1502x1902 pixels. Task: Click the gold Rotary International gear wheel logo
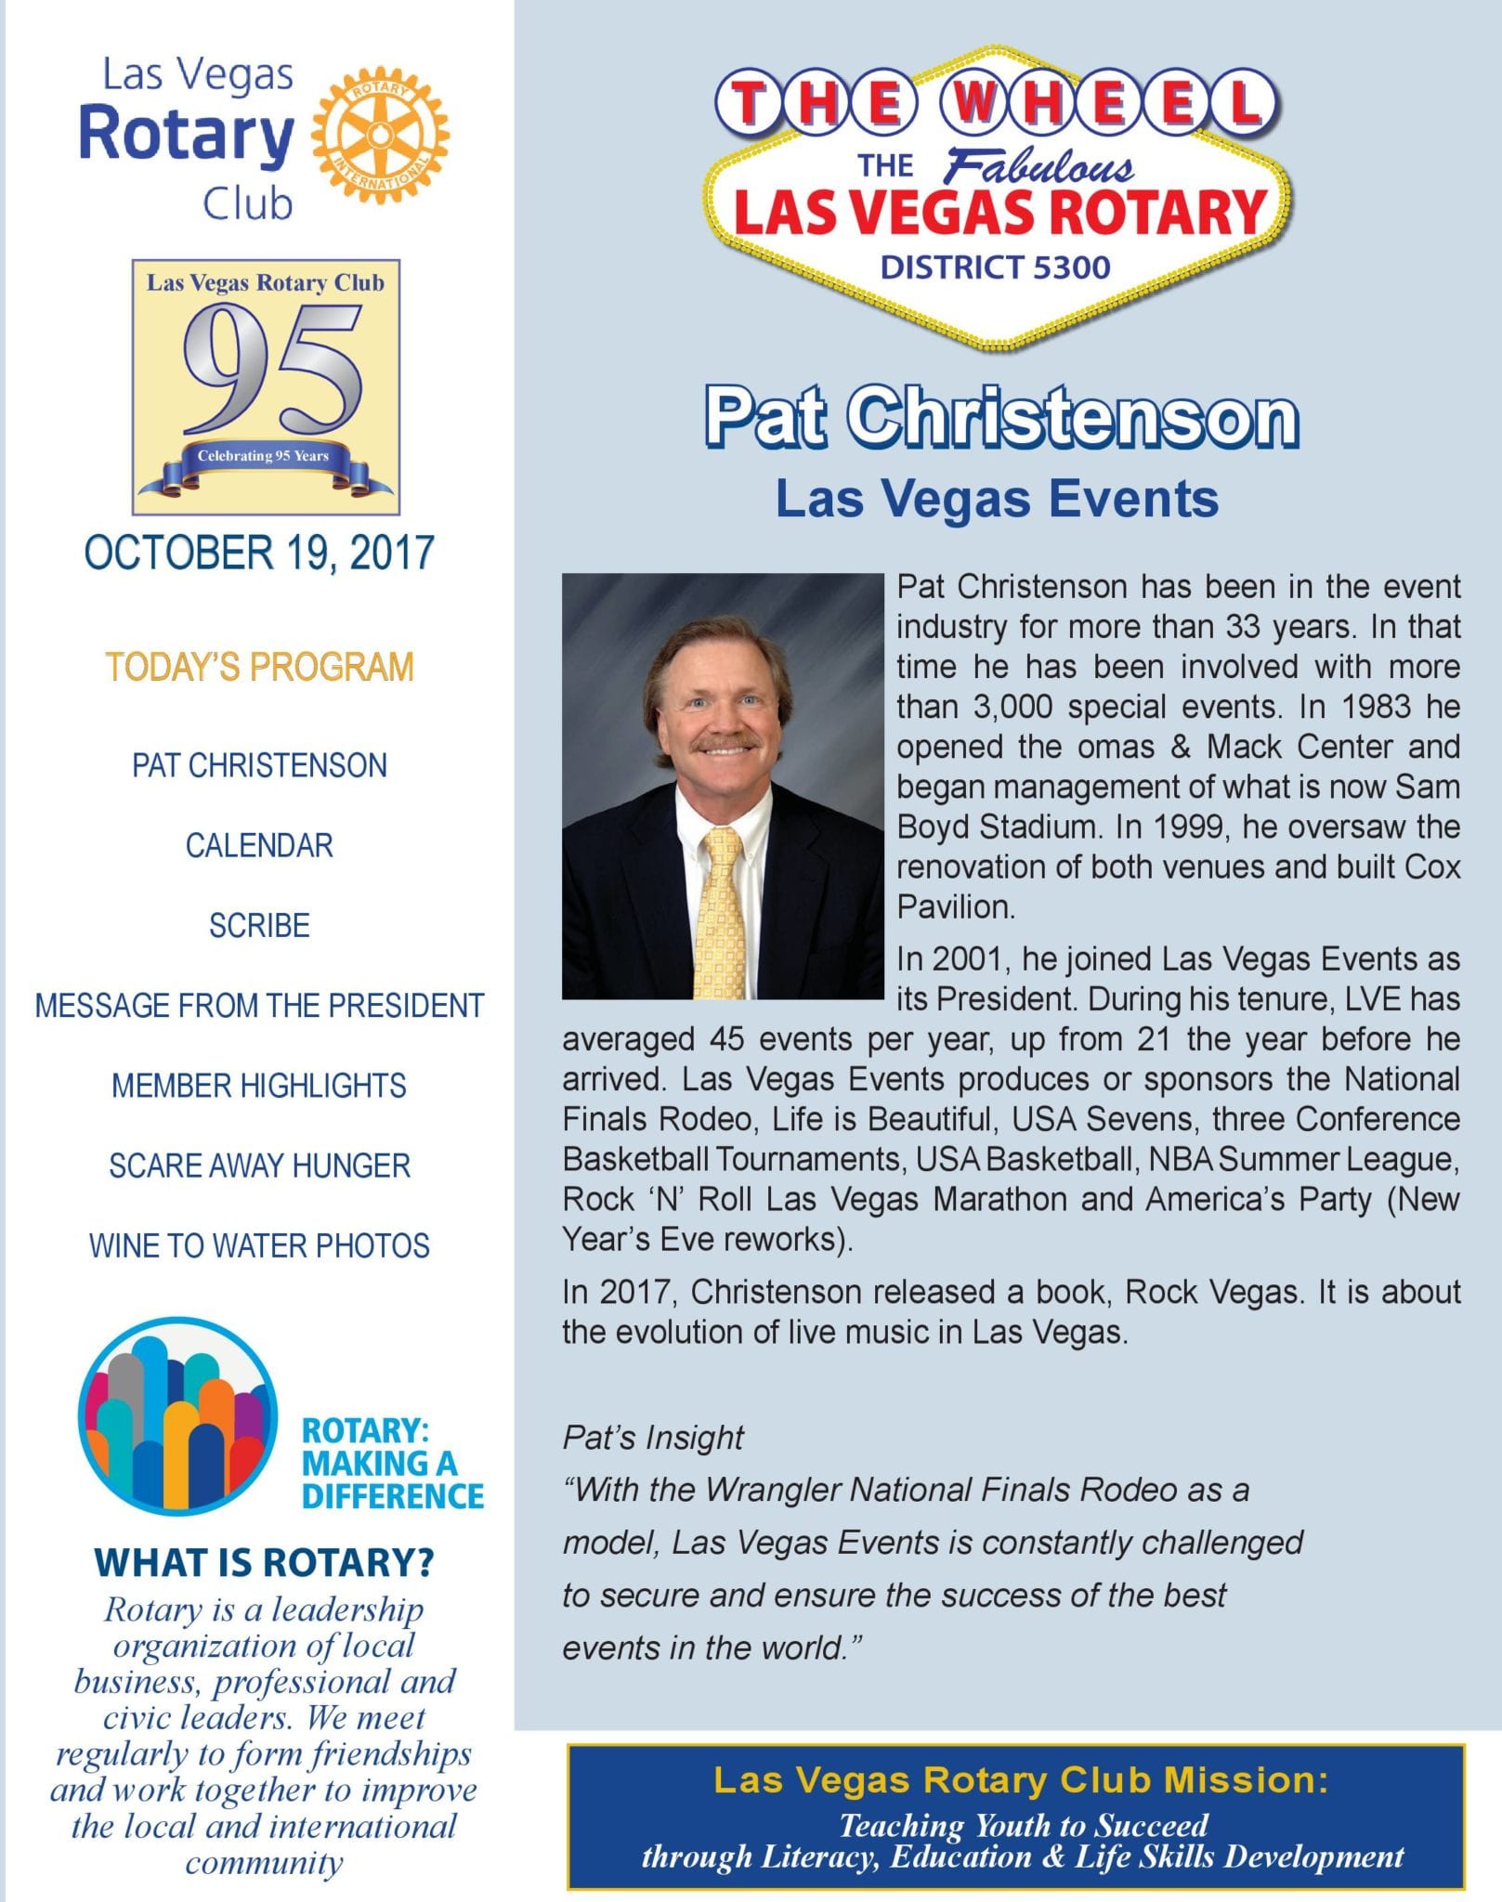(380, 137)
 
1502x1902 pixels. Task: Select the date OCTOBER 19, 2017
(259, 553)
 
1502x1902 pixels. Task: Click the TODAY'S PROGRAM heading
(259, 668)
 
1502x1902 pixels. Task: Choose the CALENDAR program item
(259, 846)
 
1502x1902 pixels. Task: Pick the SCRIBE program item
(259, 926)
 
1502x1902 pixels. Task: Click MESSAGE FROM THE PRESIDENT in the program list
(259, 1006)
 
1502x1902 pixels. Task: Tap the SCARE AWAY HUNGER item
(259, 1166)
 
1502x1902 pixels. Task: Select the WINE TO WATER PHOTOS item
(259, 1246)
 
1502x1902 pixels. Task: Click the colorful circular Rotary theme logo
(177, 1416)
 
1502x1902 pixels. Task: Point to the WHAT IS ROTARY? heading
(264, 1564)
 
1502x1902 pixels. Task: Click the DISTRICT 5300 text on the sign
(995, 268)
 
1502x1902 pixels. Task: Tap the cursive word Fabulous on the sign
(1038, 167)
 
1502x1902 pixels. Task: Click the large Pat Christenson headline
(1000, 418)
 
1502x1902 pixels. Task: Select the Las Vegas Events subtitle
(997, 499)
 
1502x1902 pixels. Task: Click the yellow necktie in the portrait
(721, 919)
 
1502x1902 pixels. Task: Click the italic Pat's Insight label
(652, 1438)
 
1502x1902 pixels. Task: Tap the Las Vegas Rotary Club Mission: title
(1021, 1779)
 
